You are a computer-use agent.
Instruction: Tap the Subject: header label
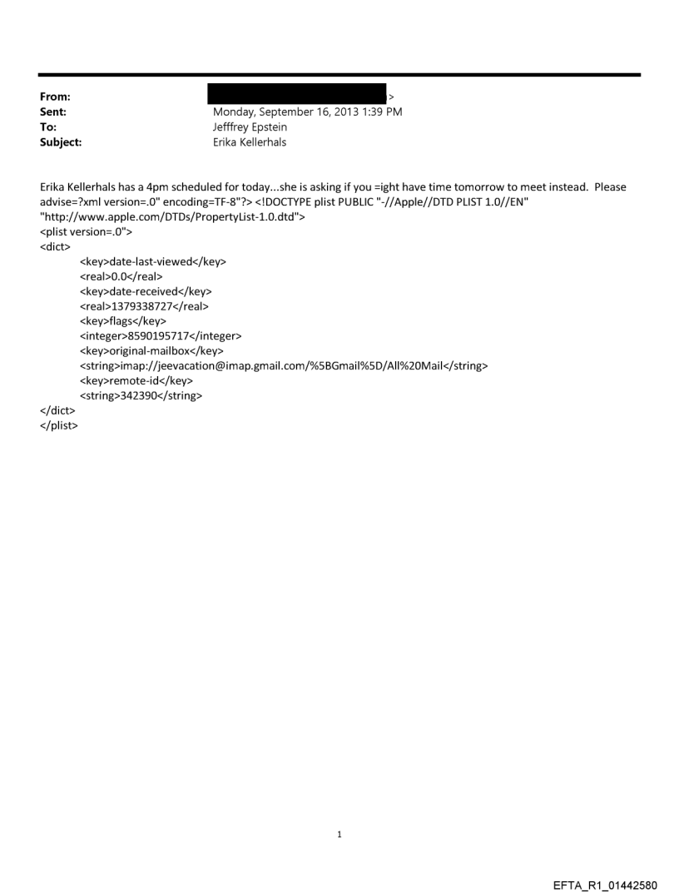click(58, 141)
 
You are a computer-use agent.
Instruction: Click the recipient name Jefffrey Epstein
click(250, 127)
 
